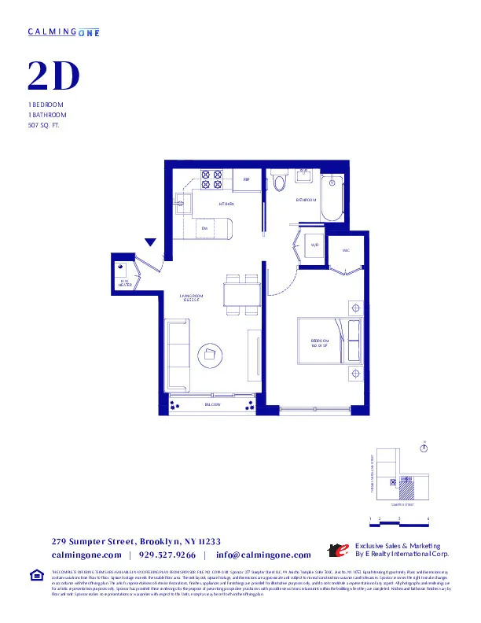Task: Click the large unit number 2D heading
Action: tap(54, 76)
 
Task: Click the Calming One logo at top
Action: tap(64, 31)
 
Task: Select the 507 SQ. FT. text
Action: tap(44, 124)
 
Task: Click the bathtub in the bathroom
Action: tap(333, 200)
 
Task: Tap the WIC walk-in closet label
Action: tap(345, 250)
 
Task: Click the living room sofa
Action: tap(176, 356)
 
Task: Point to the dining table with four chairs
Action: tap(242, 295)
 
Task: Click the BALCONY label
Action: tap(212, 404)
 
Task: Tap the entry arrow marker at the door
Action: tap(151, 243)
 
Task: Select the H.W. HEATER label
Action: tap(124, 282)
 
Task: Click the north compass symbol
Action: tap(424, 448)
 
